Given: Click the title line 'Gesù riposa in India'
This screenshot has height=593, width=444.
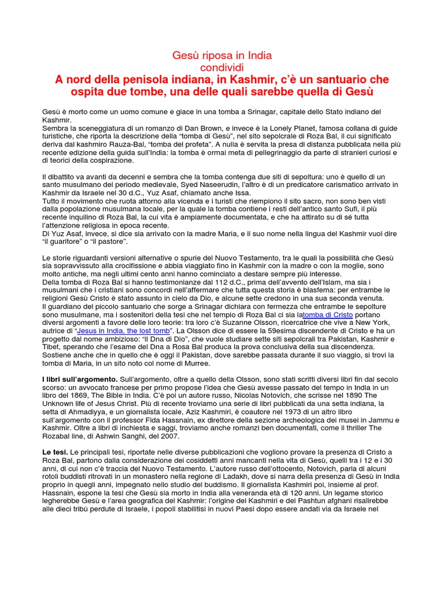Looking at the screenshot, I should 222,56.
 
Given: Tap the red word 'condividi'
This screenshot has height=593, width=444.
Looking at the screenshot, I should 222,67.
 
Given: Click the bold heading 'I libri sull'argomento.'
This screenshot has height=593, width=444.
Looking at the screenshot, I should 80,379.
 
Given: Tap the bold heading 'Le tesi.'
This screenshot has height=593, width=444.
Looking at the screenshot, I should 55,451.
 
